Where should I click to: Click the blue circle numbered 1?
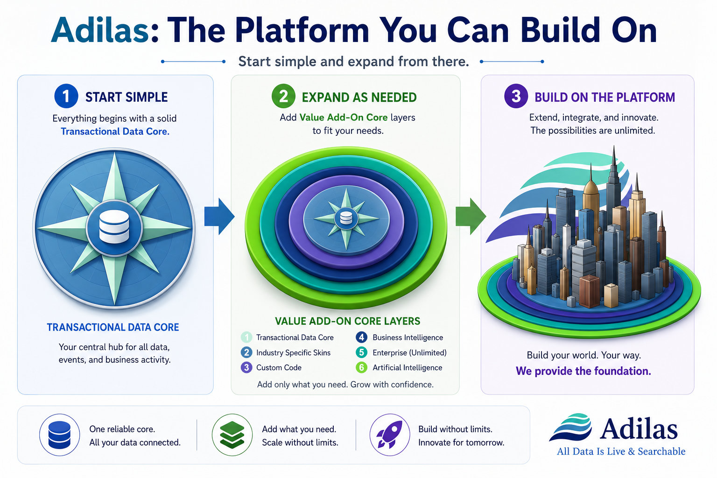(x=66, y=96)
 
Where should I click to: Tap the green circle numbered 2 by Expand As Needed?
(x=283, y=96)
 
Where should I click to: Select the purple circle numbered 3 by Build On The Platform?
(x=516, y=96)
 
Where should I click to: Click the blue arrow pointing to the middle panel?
(x=219, y=217)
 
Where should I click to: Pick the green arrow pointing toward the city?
(x=471, y=217)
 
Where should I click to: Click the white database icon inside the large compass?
(x=114, y=226)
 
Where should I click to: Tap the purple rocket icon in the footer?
(x=390, y=435)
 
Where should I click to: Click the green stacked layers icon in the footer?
(x=232, y=435)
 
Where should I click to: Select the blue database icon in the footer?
(x=59, y=435)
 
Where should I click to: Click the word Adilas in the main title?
(x=100, y=30)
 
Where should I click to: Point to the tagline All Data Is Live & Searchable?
(x=621, y=451)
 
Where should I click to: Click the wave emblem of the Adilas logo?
(x=570, y=428)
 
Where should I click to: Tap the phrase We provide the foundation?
(x=583, y=371)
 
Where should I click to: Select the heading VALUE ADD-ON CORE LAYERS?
(x=347, y=321)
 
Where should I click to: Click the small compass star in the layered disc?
(x=346, y=218)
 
